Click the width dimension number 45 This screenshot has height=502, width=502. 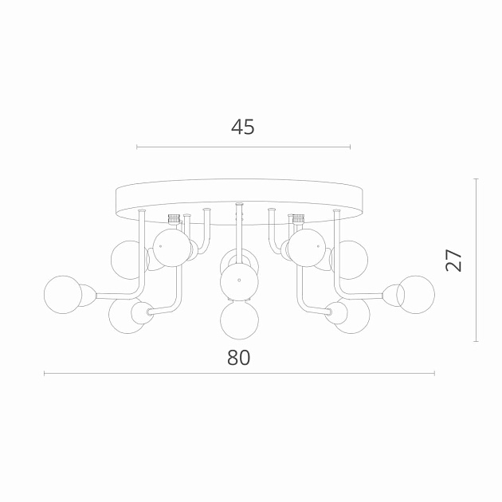(242, 127)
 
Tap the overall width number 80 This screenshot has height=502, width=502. (238, 358)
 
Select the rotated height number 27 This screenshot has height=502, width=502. (453, 260)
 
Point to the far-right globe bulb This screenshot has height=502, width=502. (415, 294)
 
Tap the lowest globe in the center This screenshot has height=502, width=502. (238, 320)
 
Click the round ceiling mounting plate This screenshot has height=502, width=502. (239, 199)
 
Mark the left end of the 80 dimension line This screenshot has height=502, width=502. (45, 374)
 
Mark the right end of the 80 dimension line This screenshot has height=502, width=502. (434, 374)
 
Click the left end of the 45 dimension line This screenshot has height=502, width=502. (137, 147)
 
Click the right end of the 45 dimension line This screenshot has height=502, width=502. (350, 147)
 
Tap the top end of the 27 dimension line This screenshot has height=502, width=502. (476, 178)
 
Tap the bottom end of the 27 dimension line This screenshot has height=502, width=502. (476, 341)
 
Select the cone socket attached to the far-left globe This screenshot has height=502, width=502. (87, 295)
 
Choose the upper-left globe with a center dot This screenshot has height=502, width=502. (171, 246)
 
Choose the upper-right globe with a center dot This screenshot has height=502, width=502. (307, 247)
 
